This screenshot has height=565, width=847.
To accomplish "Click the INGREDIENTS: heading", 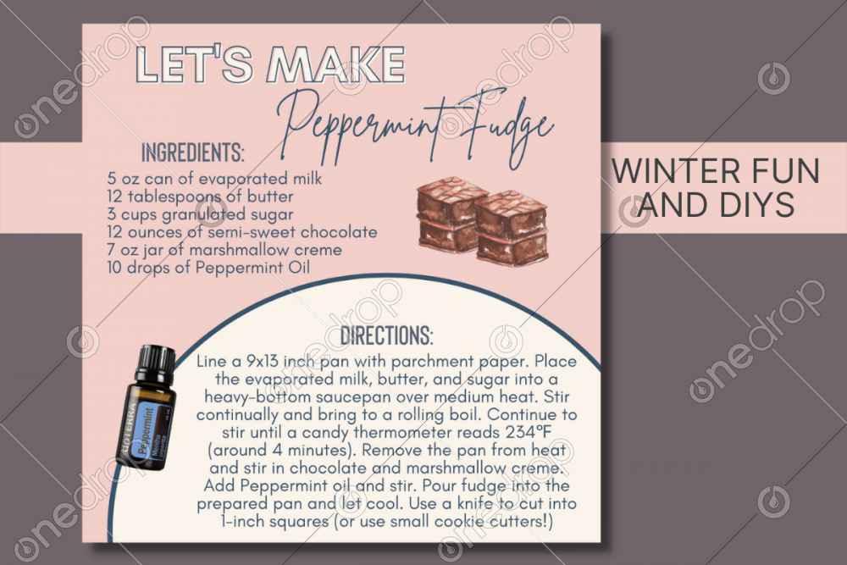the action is [192, 152].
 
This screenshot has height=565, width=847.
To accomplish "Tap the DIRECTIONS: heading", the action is [387, 335].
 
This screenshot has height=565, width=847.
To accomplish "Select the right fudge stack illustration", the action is [511, 228].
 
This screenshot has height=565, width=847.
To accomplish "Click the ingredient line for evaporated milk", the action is [214, 179].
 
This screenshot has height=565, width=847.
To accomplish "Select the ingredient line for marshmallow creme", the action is [224, 250].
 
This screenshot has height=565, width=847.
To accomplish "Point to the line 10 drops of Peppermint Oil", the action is [208, 268].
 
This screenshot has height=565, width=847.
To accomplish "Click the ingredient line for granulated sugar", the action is [200, 214].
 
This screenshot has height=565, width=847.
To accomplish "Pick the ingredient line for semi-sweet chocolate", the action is [242, 232].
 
